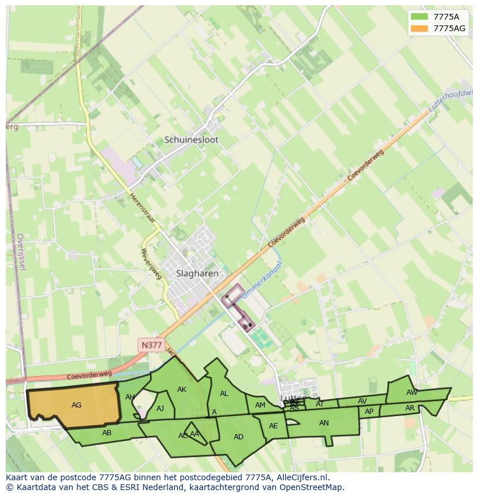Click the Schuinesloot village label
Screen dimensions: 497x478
click(191, 140)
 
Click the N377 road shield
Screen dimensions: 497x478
click(151, 345)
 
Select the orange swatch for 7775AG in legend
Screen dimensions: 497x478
click(420, 28)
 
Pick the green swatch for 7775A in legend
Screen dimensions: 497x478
click(420, 17)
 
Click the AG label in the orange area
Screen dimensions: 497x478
click(76, 405)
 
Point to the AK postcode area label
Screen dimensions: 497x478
click(182, 390)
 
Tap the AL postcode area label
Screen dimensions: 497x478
click(224, 394)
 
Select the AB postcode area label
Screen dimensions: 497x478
click(107, 433)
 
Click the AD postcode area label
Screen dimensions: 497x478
click(238, 437)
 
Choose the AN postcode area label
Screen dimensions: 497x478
click(324, 423)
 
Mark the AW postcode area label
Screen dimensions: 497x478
click(412, 393)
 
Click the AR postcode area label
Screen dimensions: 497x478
click(410, 408)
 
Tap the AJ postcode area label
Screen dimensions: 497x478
click(160, 409)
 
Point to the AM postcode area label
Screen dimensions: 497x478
click(260, 405)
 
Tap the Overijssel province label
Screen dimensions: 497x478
click(21, 252)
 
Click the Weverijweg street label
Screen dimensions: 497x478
click(151, 264)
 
